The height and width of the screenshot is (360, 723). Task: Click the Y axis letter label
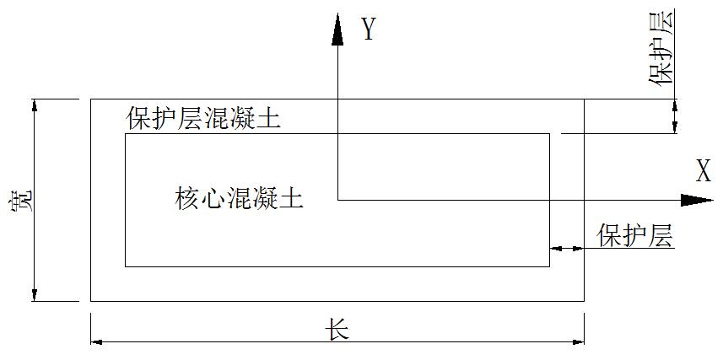(368, 30)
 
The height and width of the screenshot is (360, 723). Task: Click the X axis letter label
(703, 172)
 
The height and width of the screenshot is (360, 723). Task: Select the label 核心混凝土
(239, 199)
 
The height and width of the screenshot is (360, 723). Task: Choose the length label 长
(337, 329)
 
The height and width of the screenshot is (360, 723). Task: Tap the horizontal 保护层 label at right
(635, 236)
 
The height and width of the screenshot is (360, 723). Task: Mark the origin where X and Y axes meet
(337, 200)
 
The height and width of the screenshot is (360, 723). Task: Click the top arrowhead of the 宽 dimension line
(35, 105)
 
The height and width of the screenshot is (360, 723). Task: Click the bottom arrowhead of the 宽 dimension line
(35, 294)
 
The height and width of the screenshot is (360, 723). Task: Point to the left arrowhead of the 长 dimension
(96, 341)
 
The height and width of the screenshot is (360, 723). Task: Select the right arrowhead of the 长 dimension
(578, 341)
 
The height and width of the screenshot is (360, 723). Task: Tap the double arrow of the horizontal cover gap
(566, 249)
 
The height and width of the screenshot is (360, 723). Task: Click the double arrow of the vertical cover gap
(674, 116)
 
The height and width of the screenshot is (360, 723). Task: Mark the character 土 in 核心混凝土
(289, 199)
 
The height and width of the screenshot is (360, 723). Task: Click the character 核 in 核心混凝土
(187, 199)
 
